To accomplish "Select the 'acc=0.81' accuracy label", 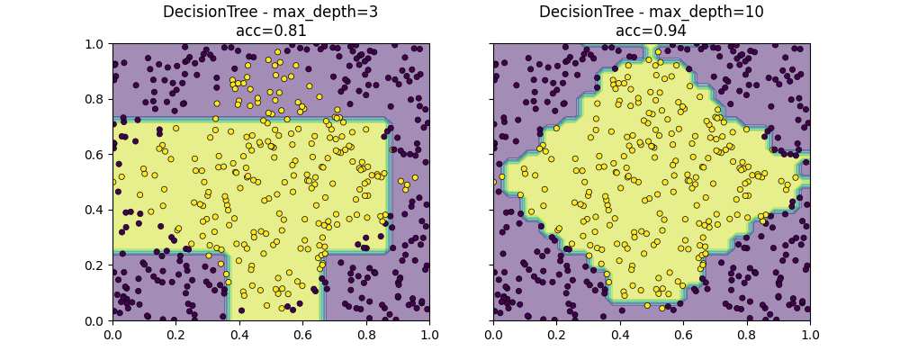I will coord(270,31).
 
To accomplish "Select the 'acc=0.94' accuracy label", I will coord(651,31).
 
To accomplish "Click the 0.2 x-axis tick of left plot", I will coord(175,334).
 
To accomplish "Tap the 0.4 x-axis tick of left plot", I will coord(239,334).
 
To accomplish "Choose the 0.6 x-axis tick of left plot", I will coord(302,334).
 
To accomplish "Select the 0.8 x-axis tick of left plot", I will coord(366,334).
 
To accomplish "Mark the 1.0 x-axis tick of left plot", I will coord(429,334).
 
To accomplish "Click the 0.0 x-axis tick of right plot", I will coord(493,334).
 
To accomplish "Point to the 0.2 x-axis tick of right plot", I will coord(556,334).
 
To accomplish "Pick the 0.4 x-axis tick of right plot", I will coord(620,334).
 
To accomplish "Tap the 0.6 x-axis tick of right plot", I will coord(683,334).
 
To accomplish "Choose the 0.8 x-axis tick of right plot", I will coord(747,334).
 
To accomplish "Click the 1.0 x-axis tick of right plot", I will coord(810,334).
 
